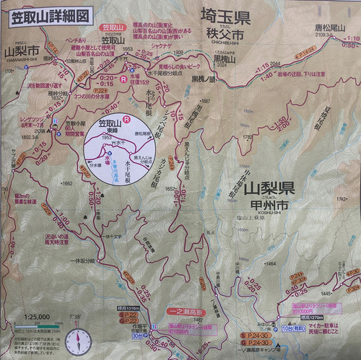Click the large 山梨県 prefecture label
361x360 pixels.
267,190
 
